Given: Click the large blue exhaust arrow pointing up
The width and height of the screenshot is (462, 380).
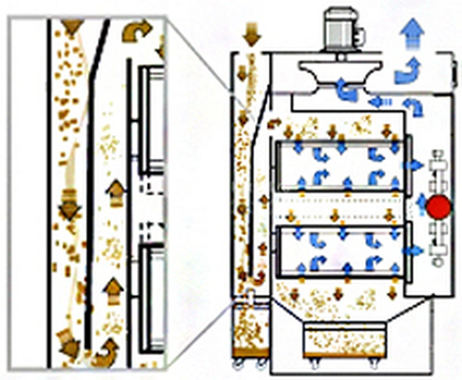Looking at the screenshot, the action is point(413,33).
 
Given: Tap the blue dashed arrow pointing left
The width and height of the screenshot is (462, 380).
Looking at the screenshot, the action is point(378,102).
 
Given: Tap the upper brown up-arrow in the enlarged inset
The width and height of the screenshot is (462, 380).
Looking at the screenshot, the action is point(116,193).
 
